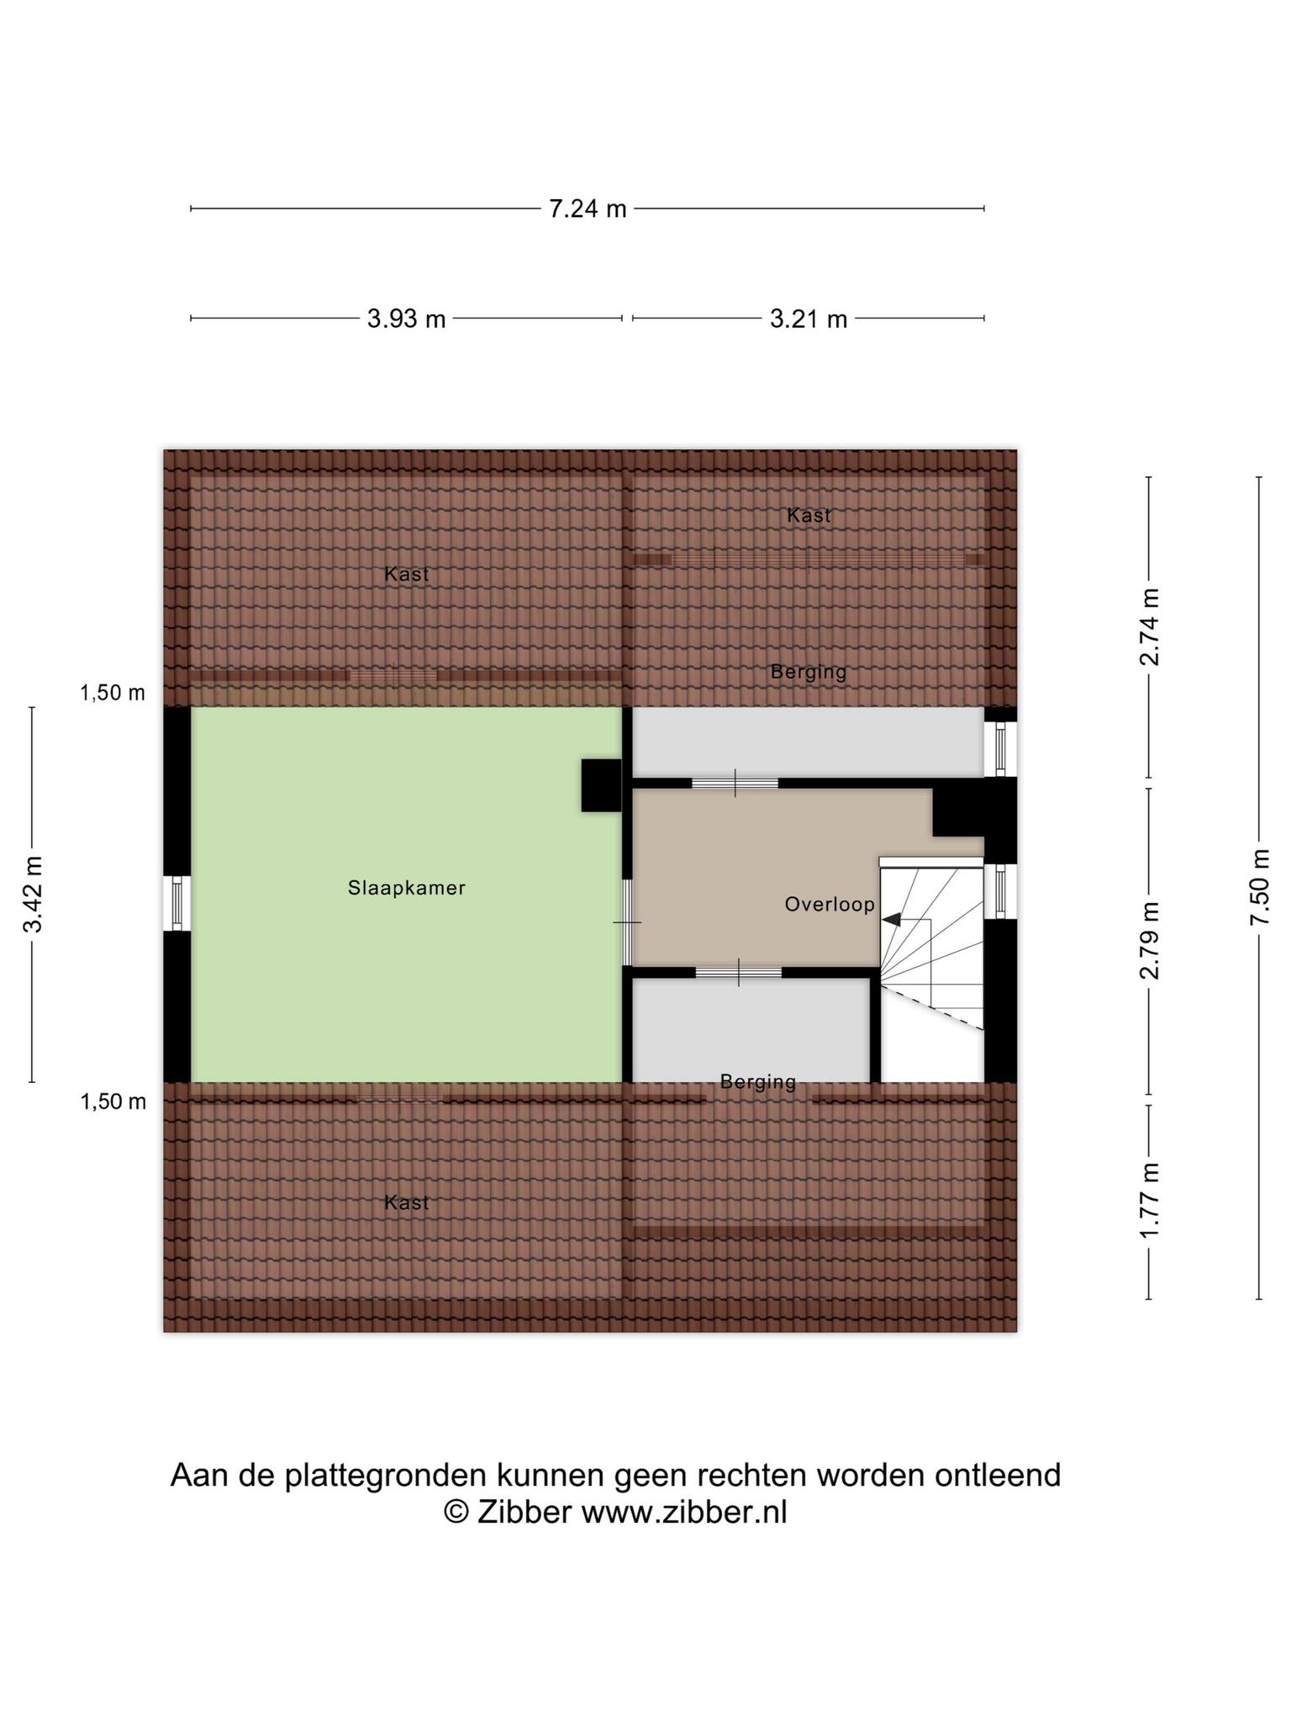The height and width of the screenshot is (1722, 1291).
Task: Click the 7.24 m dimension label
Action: [588, 208]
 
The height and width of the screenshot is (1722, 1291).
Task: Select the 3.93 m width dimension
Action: [406, 319]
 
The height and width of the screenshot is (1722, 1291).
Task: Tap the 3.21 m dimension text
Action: [809, 319]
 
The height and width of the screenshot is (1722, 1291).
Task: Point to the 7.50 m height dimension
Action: [1258, 887]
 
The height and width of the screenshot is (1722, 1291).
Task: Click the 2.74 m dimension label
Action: [1149, 627]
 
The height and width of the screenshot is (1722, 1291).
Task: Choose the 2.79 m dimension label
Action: [1149, 941]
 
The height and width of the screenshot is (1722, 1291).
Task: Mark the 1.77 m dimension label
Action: [1149, 1201]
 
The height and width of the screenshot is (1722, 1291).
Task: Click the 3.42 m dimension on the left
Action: [33, 895]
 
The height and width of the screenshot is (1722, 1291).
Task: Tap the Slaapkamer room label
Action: [407, 888]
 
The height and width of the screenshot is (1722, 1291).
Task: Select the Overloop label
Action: [830, 904]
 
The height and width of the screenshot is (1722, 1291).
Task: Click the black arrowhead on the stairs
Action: [891, 920]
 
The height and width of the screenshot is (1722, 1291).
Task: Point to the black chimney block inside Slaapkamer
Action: [601, 785]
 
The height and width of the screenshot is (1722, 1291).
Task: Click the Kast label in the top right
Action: [809, 515]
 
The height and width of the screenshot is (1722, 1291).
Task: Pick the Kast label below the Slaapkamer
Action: [407, 1202]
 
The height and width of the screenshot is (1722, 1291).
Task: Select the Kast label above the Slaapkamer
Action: [407, 574]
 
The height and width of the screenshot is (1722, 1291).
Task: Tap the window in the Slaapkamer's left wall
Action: [177, 904]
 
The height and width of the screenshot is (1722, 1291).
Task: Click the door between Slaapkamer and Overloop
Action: [627, 922]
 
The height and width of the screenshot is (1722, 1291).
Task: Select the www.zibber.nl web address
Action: [684, 1513]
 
